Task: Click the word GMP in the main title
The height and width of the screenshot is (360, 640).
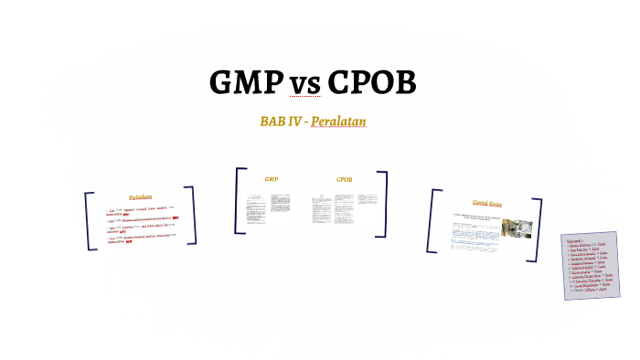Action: (246, 83)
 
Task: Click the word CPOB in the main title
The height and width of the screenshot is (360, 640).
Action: (371, 83)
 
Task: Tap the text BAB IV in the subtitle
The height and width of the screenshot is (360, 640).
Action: (281, 122)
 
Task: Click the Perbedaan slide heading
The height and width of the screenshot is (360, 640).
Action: (140, 196)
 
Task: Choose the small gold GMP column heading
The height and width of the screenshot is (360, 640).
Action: (271, 179)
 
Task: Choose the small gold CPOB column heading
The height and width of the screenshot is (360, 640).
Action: (344, 179)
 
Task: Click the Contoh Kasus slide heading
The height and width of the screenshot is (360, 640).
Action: (487, 202)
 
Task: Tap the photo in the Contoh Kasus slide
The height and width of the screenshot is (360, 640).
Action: (512, 229)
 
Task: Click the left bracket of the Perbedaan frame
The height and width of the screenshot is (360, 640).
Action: (90, 220)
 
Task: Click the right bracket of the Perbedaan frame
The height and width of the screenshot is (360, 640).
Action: (191, 216)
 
